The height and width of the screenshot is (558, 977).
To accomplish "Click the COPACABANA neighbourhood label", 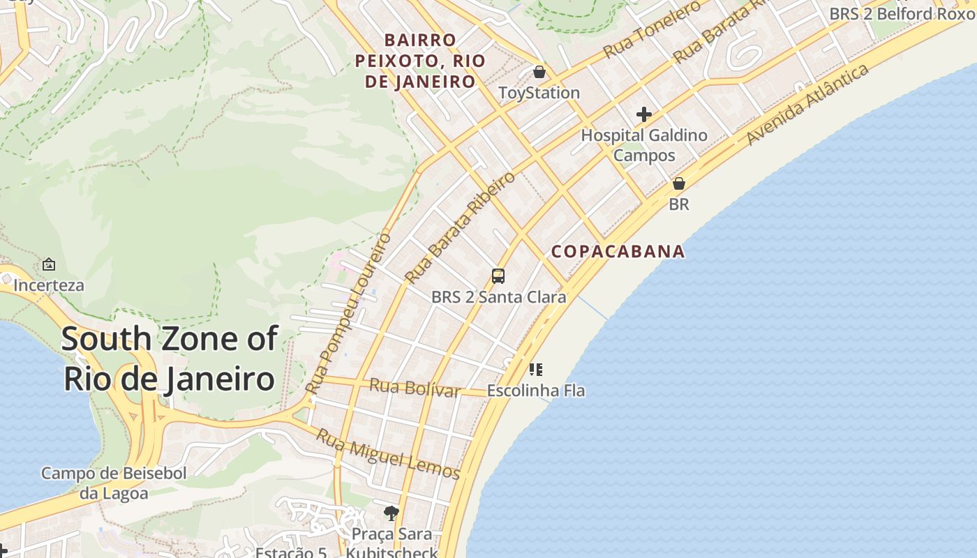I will click(618, 251).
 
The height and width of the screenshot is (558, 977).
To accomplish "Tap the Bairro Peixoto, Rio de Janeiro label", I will click(419, 61).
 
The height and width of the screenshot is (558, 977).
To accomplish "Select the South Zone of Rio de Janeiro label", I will click(169, 359).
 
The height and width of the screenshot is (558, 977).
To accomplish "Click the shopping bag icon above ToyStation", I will click(539, 72).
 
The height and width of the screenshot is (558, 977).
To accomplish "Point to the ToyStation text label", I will click(539, 93).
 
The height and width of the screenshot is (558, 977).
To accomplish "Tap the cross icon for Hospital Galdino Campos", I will click(644, 114).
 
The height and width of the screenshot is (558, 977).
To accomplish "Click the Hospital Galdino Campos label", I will click(644, 145).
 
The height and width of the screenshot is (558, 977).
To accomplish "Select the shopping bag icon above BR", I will click(678, 183).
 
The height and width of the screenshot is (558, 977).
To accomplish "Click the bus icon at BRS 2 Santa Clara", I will click(498, 276).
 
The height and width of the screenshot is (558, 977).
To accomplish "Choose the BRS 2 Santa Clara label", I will click(498, 297).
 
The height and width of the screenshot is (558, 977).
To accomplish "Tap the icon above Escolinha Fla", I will click(535, 370).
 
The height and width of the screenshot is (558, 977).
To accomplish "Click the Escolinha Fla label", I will click(535, 391).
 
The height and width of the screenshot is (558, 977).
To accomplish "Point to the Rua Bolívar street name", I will click(415, 387).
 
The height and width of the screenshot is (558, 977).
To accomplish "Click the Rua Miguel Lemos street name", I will click(389, 454).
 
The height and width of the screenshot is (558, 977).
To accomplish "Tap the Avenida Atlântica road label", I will click(807, 105).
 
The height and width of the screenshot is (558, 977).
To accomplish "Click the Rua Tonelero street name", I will click(652, 29).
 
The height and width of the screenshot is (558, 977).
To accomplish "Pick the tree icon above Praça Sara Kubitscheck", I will click(391, 513).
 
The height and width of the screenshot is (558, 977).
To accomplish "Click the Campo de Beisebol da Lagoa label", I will click(114, 483).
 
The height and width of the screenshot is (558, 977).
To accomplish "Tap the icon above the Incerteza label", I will click(49, 264).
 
